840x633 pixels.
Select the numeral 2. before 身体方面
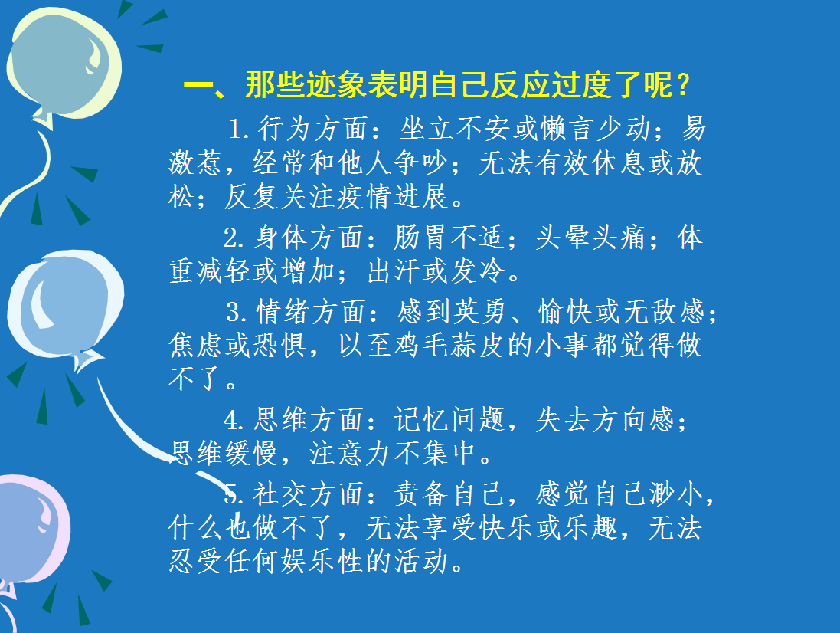[x=234, y=238]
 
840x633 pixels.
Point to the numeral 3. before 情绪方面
[x=237, y=312]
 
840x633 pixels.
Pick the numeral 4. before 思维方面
[x=234, y=420]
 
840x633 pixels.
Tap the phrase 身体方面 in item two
[x=309, y=238]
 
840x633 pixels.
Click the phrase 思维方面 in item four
[x=309, y=420]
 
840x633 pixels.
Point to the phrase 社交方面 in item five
[x=309, y=494]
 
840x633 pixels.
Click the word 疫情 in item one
[x=365, y=197]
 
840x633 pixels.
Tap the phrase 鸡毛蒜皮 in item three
[x=450, y=345]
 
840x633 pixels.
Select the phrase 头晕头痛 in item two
[x=591, y=238]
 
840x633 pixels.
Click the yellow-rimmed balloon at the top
[x=64, y=64]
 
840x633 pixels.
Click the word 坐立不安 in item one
[x=456, y=130]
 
